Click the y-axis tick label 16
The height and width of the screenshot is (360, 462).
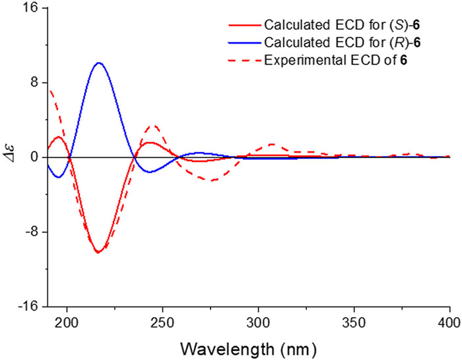click(x=30, y=9)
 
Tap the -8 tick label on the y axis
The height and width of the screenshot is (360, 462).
click(x=31, y=232)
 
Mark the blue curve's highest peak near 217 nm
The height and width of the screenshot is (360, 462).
click(x=98, y=63)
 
